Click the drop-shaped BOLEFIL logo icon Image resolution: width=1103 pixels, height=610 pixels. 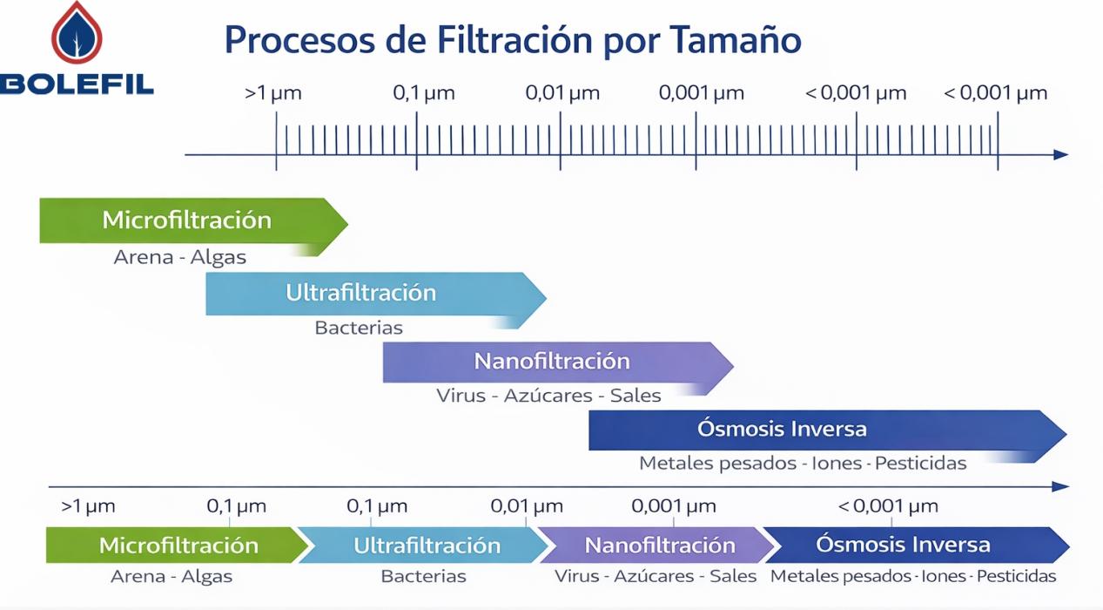click(x=77, y=33)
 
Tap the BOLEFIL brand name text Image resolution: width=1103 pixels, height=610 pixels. click(x=77, y=85)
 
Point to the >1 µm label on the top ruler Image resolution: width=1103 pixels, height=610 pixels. click(x=273, y=93)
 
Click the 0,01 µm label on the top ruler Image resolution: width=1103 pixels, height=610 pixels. click(x=562, y=93)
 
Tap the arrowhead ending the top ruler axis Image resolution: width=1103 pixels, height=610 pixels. click(x=1060, y=154)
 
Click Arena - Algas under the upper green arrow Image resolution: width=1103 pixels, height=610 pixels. click(x=180, y=258)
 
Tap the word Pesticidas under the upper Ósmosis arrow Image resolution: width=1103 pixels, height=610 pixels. click(x=920, y=464)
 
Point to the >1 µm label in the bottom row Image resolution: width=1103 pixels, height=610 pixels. click(x=88, y=506)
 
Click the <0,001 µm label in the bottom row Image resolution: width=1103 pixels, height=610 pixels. click(x=888, y=506)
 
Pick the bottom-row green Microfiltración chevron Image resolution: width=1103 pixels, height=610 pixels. click(x=174, y=546)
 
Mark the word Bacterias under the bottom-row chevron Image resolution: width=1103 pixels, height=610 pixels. click(x=423, y=577)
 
